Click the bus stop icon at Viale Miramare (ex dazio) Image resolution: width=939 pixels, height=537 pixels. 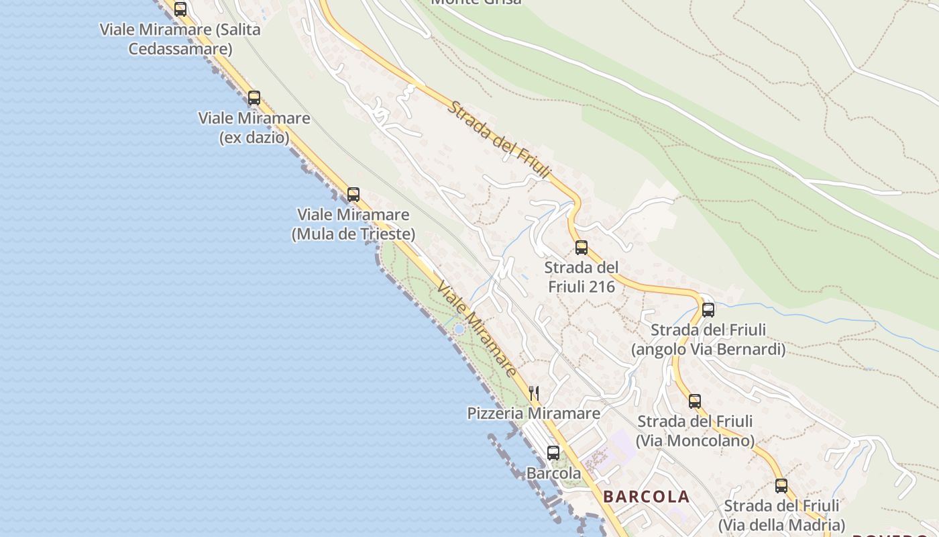[254, 97]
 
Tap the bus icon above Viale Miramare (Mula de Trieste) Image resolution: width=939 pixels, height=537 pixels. [353, 195]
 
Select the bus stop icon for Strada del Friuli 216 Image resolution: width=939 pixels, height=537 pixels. [582, 247]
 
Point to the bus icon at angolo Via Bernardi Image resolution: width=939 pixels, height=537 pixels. [708, 309]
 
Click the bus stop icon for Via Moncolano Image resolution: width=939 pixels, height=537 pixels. [695, 401]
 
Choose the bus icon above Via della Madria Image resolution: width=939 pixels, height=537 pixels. [781, 485]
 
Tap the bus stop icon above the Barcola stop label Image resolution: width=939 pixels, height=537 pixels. [553, 452]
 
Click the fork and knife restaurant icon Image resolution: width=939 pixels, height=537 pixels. [534, 393]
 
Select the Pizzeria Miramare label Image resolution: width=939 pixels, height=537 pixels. [534, 413]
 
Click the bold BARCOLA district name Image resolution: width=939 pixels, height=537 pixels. [646, 497]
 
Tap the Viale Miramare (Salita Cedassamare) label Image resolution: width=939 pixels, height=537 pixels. [180, 39]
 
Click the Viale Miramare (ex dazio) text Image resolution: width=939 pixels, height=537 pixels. [254, 128]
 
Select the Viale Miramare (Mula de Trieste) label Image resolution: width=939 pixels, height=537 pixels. [353, 224]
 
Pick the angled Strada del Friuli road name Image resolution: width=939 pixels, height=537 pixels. [499, 141]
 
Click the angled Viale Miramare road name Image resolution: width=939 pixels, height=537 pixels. [477, 329]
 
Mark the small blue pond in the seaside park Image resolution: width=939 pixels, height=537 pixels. [459, 329]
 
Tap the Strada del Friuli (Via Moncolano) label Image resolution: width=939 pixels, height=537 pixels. [695, 431]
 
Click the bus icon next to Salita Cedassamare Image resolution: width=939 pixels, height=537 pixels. [180, 9]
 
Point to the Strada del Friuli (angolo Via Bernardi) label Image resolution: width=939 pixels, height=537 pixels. [708, 340]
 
